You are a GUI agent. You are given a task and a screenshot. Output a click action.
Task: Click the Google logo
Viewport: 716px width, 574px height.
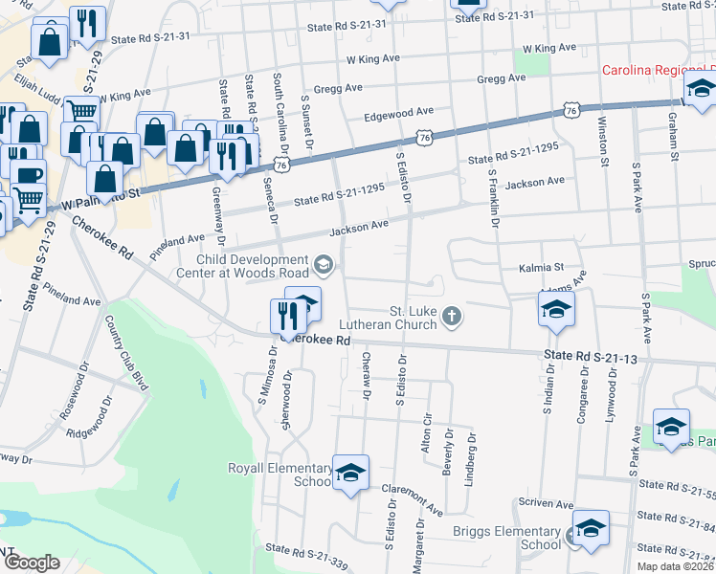pos(31,563)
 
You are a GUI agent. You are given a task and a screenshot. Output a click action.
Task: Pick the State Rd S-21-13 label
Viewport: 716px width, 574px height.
pos(591,357)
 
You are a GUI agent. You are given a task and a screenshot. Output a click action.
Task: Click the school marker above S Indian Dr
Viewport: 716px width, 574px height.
pos(555,310)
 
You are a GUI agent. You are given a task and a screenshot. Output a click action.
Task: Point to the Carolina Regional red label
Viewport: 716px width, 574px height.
pos(659,71)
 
